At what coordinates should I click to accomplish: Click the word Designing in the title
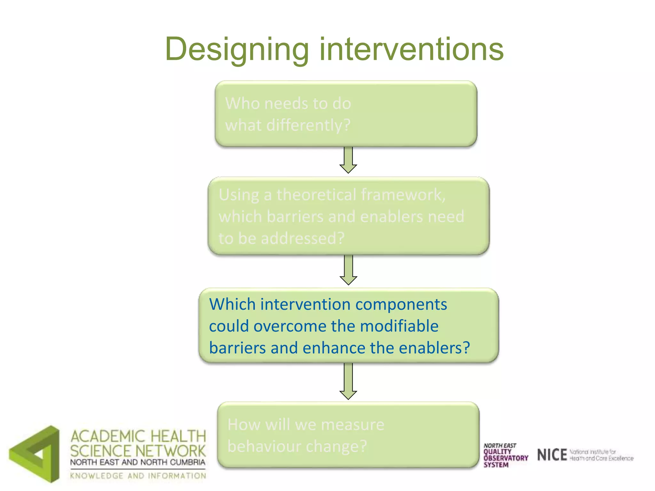[x=237, y=50]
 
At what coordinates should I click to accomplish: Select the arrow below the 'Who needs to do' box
[x=348, y=160]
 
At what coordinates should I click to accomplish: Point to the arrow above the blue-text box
[x=348, y=270]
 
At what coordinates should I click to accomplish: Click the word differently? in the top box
[x=308, y=125]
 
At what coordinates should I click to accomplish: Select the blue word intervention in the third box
[x=305, y=304]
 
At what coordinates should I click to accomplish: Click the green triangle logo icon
[x=35, y=454]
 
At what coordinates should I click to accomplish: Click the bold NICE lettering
[x=552, y=455]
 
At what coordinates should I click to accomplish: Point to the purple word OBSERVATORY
[x=506, y=458]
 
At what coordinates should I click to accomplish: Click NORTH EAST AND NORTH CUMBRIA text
[x=138, y=462]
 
